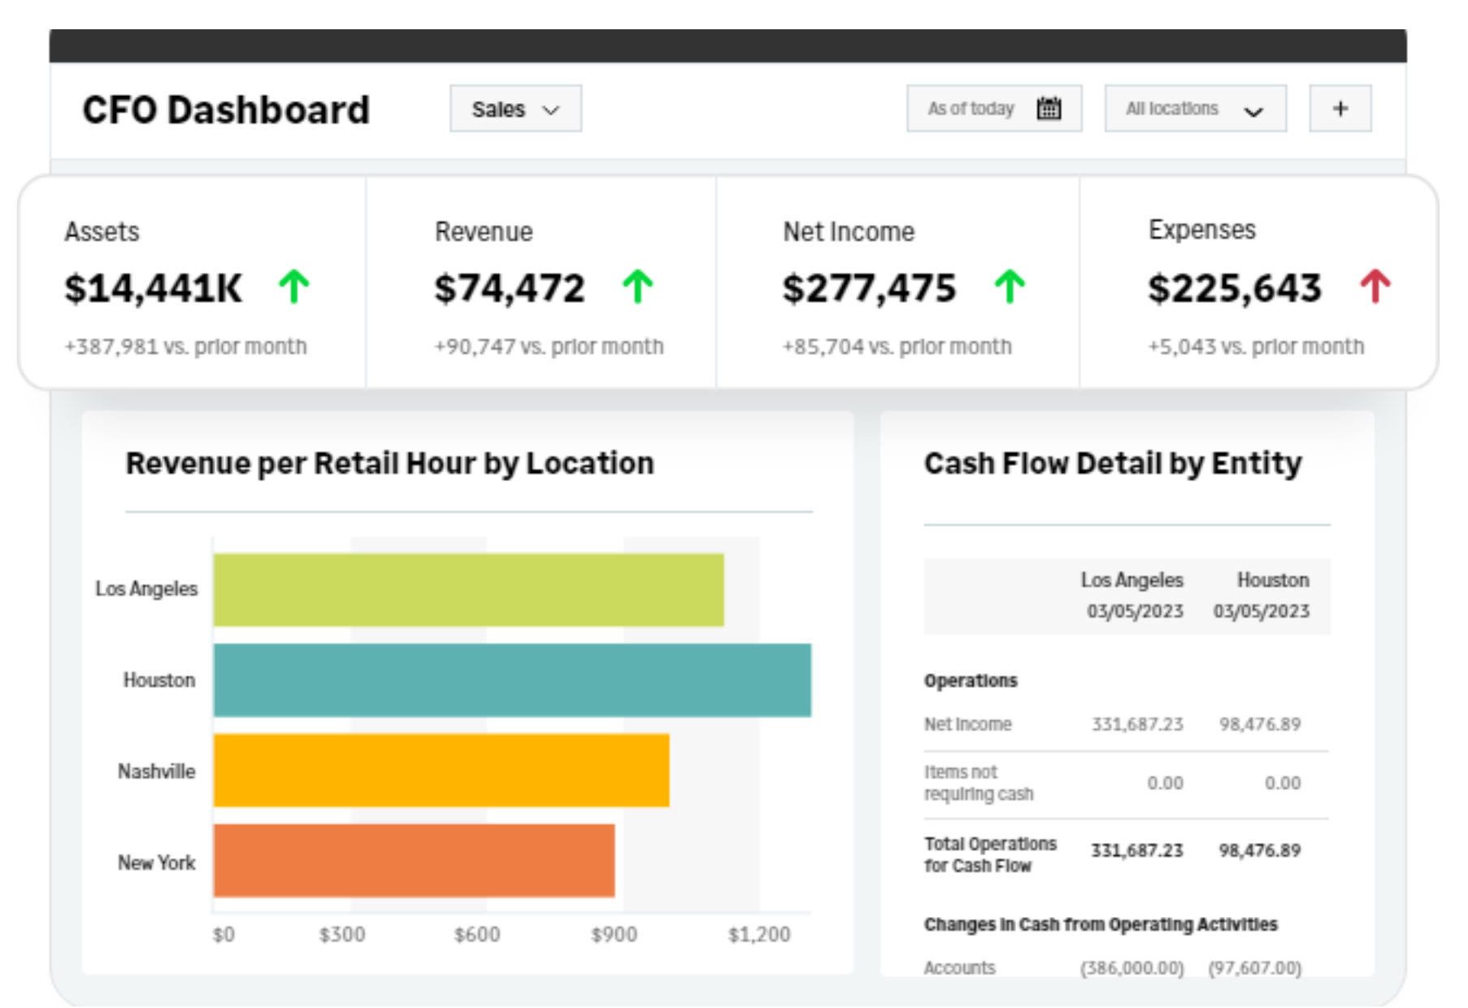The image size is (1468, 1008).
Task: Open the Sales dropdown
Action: point(515,109)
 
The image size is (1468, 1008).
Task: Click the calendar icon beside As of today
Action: point(1049,109)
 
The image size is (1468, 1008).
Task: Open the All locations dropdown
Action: point(1195,109)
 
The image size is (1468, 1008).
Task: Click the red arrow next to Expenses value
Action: point(1375,287)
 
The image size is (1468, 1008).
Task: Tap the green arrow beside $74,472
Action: point(638,287)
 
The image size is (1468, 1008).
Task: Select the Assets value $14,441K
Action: point(154,289)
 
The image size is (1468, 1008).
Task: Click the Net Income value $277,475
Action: point(869,289)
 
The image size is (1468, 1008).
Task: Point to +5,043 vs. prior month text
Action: point(1256,347)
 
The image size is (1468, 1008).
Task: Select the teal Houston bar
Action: point(512,680)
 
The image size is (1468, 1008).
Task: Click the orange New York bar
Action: point(414,861)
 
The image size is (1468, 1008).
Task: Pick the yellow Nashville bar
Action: point(441,771)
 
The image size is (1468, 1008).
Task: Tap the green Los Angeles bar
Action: point(468,590)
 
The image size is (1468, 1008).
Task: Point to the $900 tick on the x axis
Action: point(614,935)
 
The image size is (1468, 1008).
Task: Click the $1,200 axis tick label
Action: point(758,935)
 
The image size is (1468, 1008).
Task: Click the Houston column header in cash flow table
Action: point(1272,580)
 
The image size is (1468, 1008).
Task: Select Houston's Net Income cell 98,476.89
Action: point(1259,724)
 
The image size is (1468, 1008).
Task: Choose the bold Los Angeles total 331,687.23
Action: point(1136,851)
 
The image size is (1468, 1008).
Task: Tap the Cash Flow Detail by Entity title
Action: point(1113,463)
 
